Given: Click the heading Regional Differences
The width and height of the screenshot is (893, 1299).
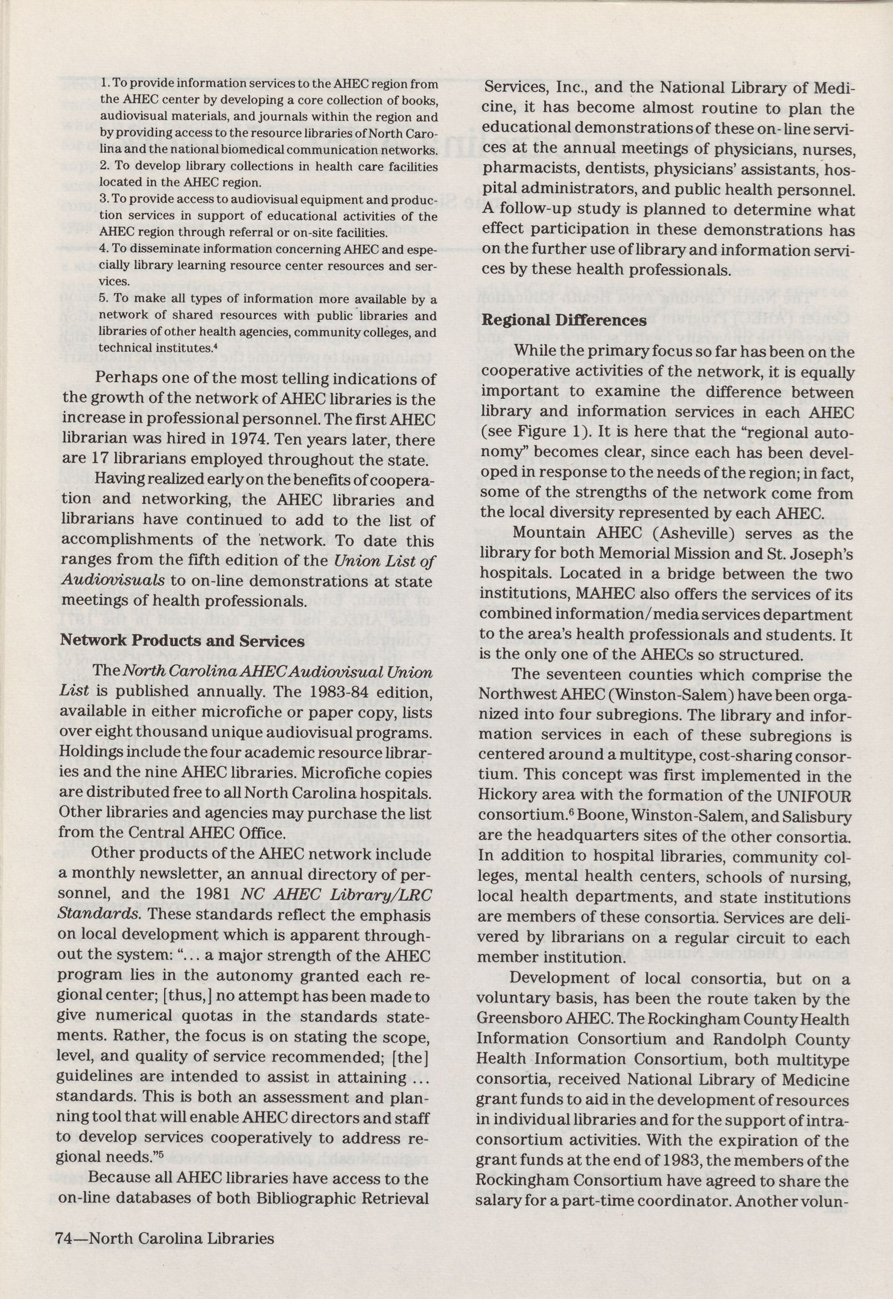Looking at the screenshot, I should tap(563, 321).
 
